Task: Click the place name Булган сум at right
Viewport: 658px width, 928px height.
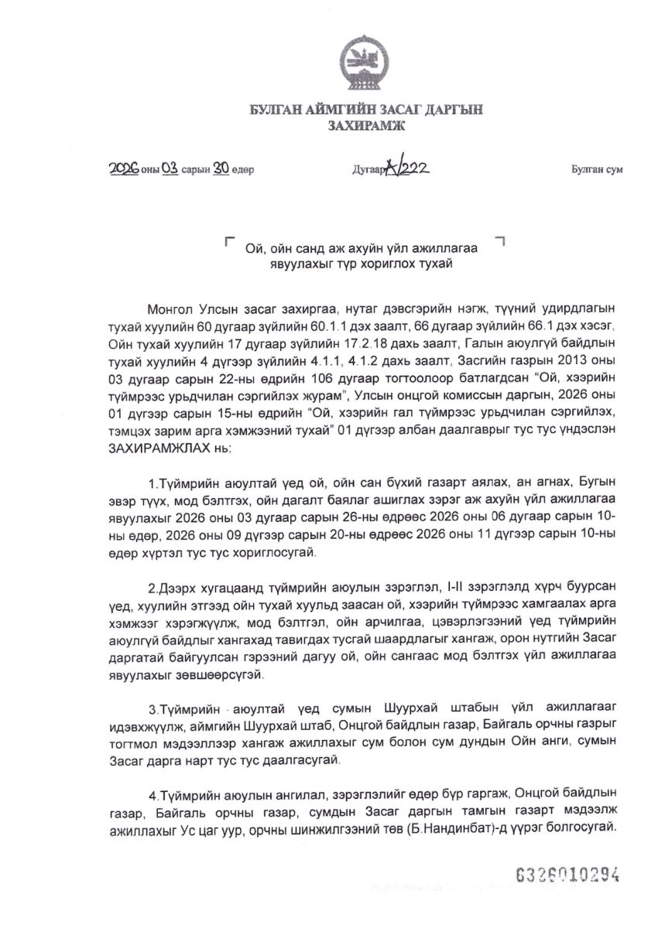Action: pyautogui.click(x=597, y=169)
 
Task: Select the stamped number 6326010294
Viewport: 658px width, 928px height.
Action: pyautogui.click(x=568, y=874)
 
